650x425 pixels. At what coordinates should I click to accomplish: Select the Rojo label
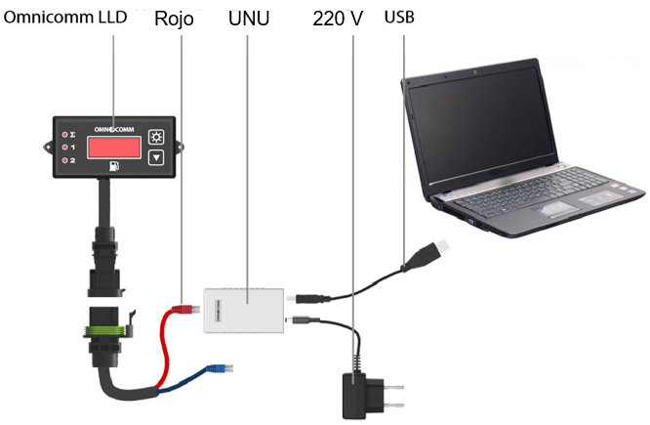pyautogui.click(x=181, y=19)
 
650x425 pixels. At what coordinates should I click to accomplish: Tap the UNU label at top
pyautogui.click(x=248, y=19)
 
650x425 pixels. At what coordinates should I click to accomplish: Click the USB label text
pyautogui.click(x=401, y=19)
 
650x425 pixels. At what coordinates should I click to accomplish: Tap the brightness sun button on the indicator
pyautogui.click(x=156, y=136)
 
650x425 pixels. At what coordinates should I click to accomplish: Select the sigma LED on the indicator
pyautogui.click(x=65, y=134)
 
